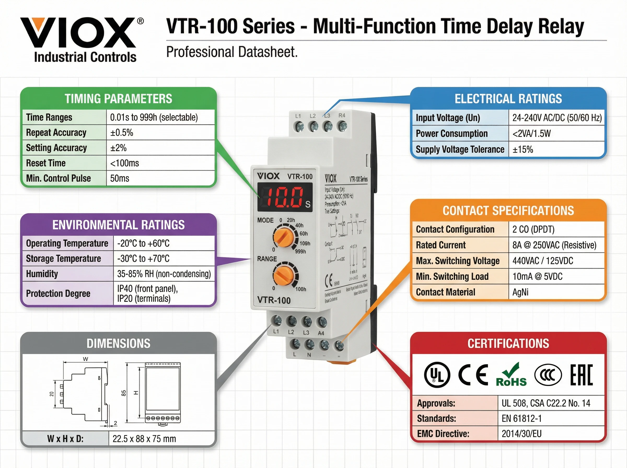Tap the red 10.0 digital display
pyautogui.click(x=285, y=197)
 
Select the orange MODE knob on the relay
pyautogui.click(x=284, y=237)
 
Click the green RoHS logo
pyautogui.click(x=511, y=375)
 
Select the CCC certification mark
pyautogui.click(x=548, y=375)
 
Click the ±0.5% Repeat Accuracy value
pyautogui.click(x=121, y=133)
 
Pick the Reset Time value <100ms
pyautogui.click(x=125, y=163)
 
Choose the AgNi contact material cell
pyautogui.click(x=520, y=292)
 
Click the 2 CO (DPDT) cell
pyautogui.click(x=533, y=229)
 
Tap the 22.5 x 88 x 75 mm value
pyautogui.click(x=144, y=439)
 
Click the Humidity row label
pyautogui.click(x=42, y=274)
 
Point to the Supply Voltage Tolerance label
pyautogui.click(x=460, y=149)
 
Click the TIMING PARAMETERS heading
pyautogui.click(x=118, y=98)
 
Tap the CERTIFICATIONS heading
pyautogui.click(x=508, y=343)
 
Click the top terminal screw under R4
pyautogui.click(x=342, y=126)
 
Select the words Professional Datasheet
pyautogui.click(x=232, y=52)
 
